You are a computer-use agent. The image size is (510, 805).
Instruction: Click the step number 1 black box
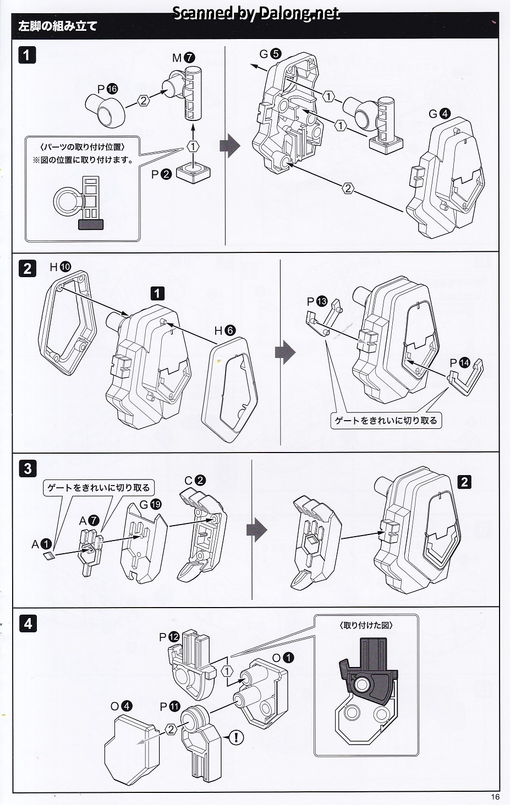point(28,55)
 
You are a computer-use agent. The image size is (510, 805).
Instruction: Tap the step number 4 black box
point(28,624)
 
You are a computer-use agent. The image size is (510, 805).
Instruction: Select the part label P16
point(108,89)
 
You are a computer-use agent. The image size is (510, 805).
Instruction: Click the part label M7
point(184,58)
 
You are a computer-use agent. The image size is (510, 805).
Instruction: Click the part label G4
point(440,114)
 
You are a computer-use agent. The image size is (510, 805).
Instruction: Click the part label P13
point(317,301)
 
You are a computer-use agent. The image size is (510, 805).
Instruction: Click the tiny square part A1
point(48,556)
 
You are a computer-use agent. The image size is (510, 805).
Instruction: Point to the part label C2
point(195,480)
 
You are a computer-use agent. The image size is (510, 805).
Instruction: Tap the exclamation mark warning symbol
point(235,737)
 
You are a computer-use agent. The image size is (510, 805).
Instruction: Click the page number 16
point(495,797)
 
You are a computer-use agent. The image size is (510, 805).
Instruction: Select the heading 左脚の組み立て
point(58,26)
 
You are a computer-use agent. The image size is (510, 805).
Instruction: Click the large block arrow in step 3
point(256,530)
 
